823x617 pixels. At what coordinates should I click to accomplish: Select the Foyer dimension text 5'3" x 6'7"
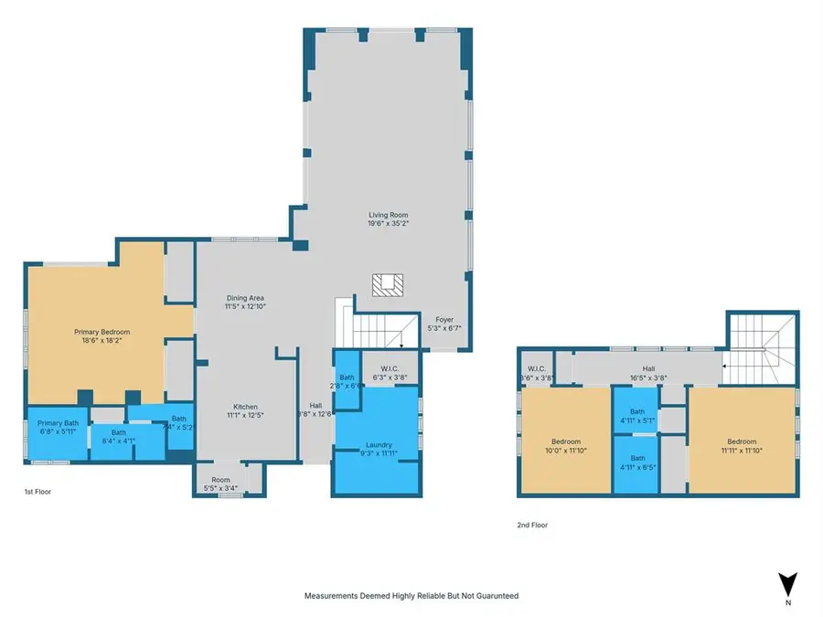(x=444, y=329)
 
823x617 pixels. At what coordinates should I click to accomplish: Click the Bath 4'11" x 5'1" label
(x=637, y=416)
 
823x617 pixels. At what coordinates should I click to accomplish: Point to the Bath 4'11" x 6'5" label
(x=637, y=463)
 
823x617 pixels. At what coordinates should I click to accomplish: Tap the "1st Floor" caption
(x=38, y=493)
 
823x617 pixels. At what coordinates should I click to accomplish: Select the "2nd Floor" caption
(x=531, y=526)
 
